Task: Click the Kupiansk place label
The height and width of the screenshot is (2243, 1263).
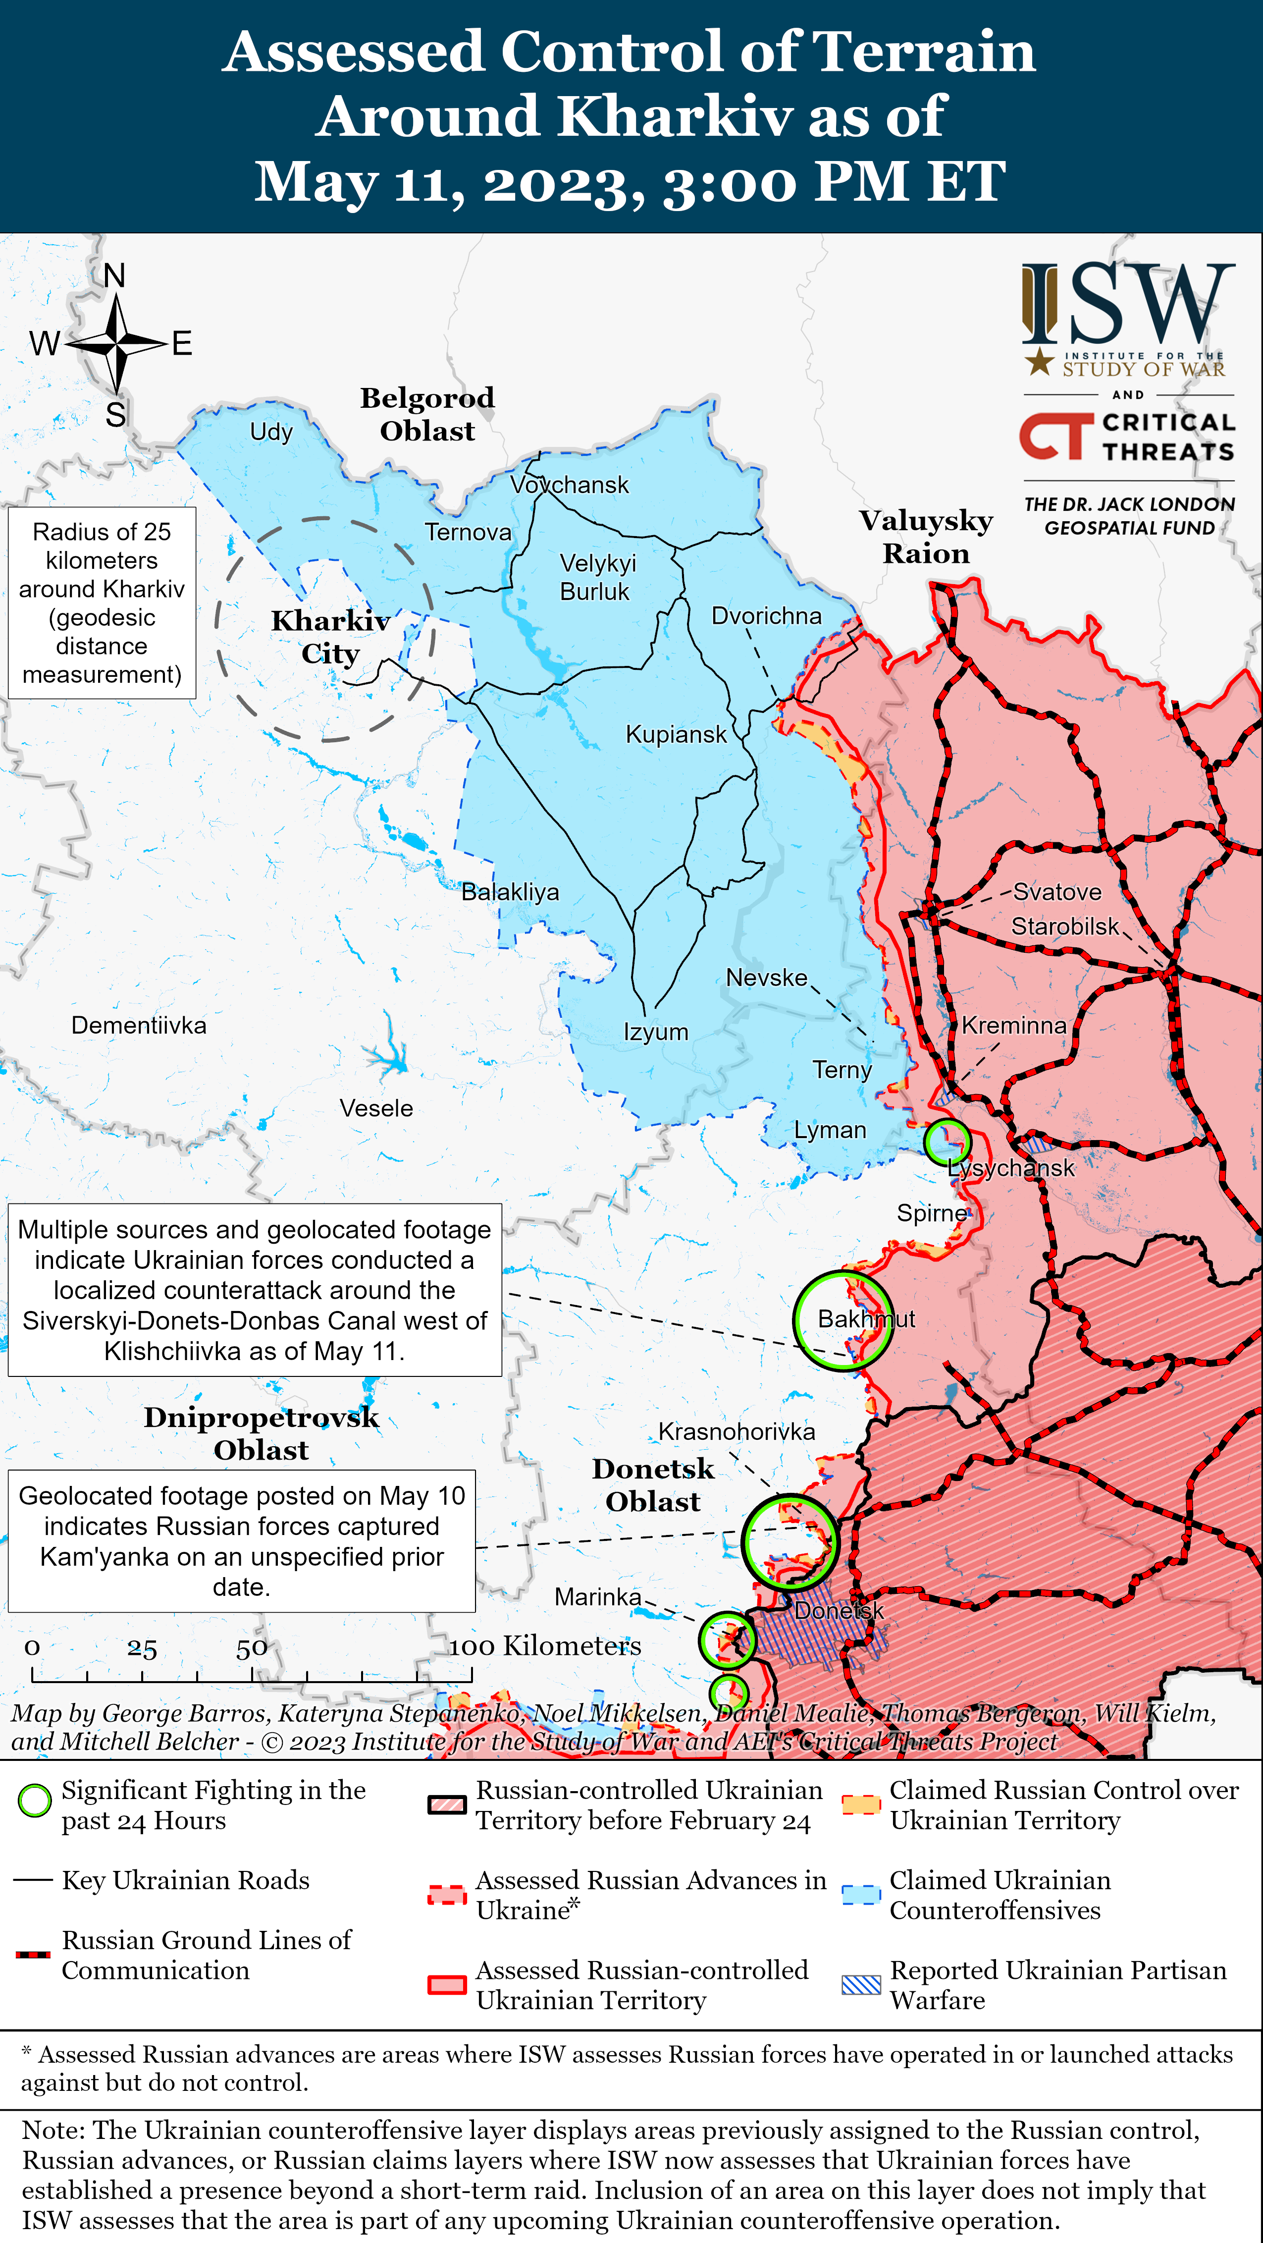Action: (676, 734)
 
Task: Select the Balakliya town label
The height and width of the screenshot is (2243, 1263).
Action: (510, 892)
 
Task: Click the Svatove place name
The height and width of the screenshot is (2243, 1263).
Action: (1056, 892)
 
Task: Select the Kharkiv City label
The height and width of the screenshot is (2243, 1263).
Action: (330, 637)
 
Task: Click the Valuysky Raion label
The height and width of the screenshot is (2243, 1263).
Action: (926, 537)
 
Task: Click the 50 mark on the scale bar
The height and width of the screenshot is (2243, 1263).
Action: (252, 1648)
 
